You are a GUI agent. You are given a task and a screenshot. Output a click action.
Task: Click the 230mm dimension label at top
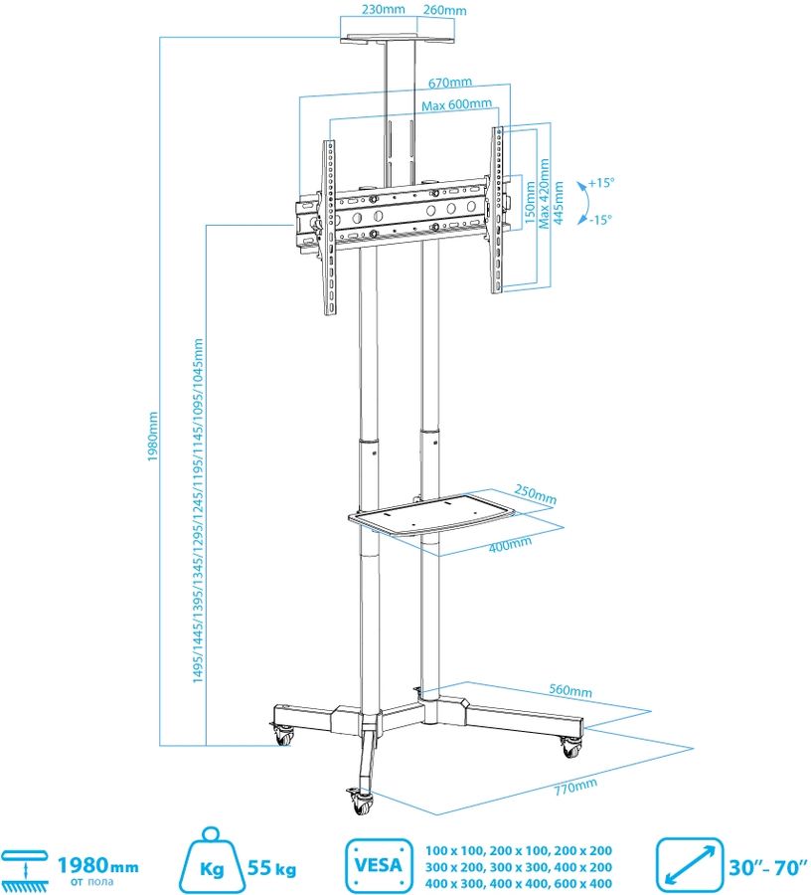tap(384, 9)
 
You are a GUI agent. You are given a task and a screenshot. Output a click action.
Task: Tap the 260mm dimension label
tap(445, 10)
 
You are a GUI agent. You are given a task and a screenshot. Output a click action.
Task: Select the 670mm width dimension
tap(450, 83)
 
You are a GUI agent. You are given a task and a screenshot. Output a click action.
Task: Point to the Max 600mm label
tap(456, 105)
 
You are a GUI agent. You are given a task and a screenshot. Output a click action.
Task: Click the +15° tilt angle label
tap(601, 183)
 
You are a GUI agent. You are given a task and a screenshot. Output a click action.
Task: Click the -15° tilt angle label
tap(600, 219)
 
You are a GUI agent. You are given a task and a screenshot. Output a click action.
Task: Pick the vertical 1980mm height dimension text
tap(152, 437)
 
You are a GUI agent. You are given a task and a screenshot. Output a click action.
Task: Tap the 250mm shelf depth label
tap(535, 493)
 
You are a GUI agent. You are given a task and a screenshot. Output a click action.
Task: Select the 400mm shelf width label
tap(510, 545)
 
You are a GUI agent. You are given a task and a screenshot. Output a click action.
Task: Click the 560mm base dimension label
tap(570, 690)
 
